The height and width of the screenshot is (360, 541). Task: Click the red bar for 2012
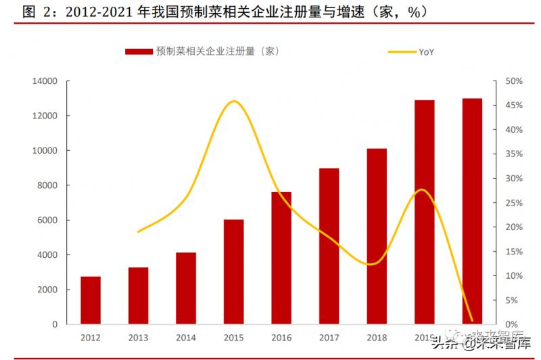(91, 300)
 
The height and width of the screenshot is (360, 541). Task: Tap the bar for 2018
(377, 236)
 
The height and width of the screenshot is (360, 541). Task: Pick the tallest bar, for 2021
(472, 211)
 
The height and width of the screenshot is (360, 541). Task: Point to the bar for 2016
(281, 258)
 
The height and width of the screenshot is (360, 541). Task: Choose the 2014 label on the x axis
(185, 338)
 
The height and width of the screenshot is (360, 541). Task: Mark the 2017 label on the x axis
(329, 338)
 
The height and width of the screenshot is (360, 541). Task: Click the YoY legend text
(426, 51)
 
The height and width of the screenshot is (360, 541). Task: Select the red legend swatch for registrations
(138, 51)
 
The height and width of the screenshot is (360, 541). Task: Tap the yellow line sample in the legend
(400, 51)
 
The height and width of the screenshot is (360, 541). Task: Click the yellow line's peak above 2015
(233, 102)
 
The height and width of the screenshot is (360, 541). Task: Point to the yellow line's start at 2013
(138, 232)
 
